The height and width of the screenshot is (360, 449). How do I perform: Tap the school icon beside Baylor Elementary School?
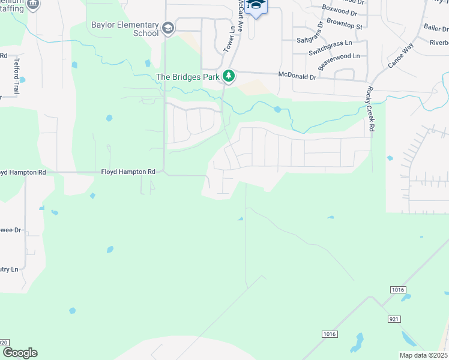pos(168,28)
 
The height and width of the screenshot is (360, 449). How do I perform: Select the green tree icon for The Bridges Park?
pos(228,76)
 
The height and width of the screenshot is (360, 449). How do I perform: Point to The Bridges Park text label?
pos(188,77)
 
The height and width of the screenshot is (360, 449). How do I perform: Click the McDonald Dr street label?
pos(297,76)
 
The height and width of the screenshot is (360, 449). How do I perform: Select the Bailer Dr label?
pos(436,28)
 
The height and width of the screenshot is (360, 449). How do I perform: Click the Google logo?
pos(20,353)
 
